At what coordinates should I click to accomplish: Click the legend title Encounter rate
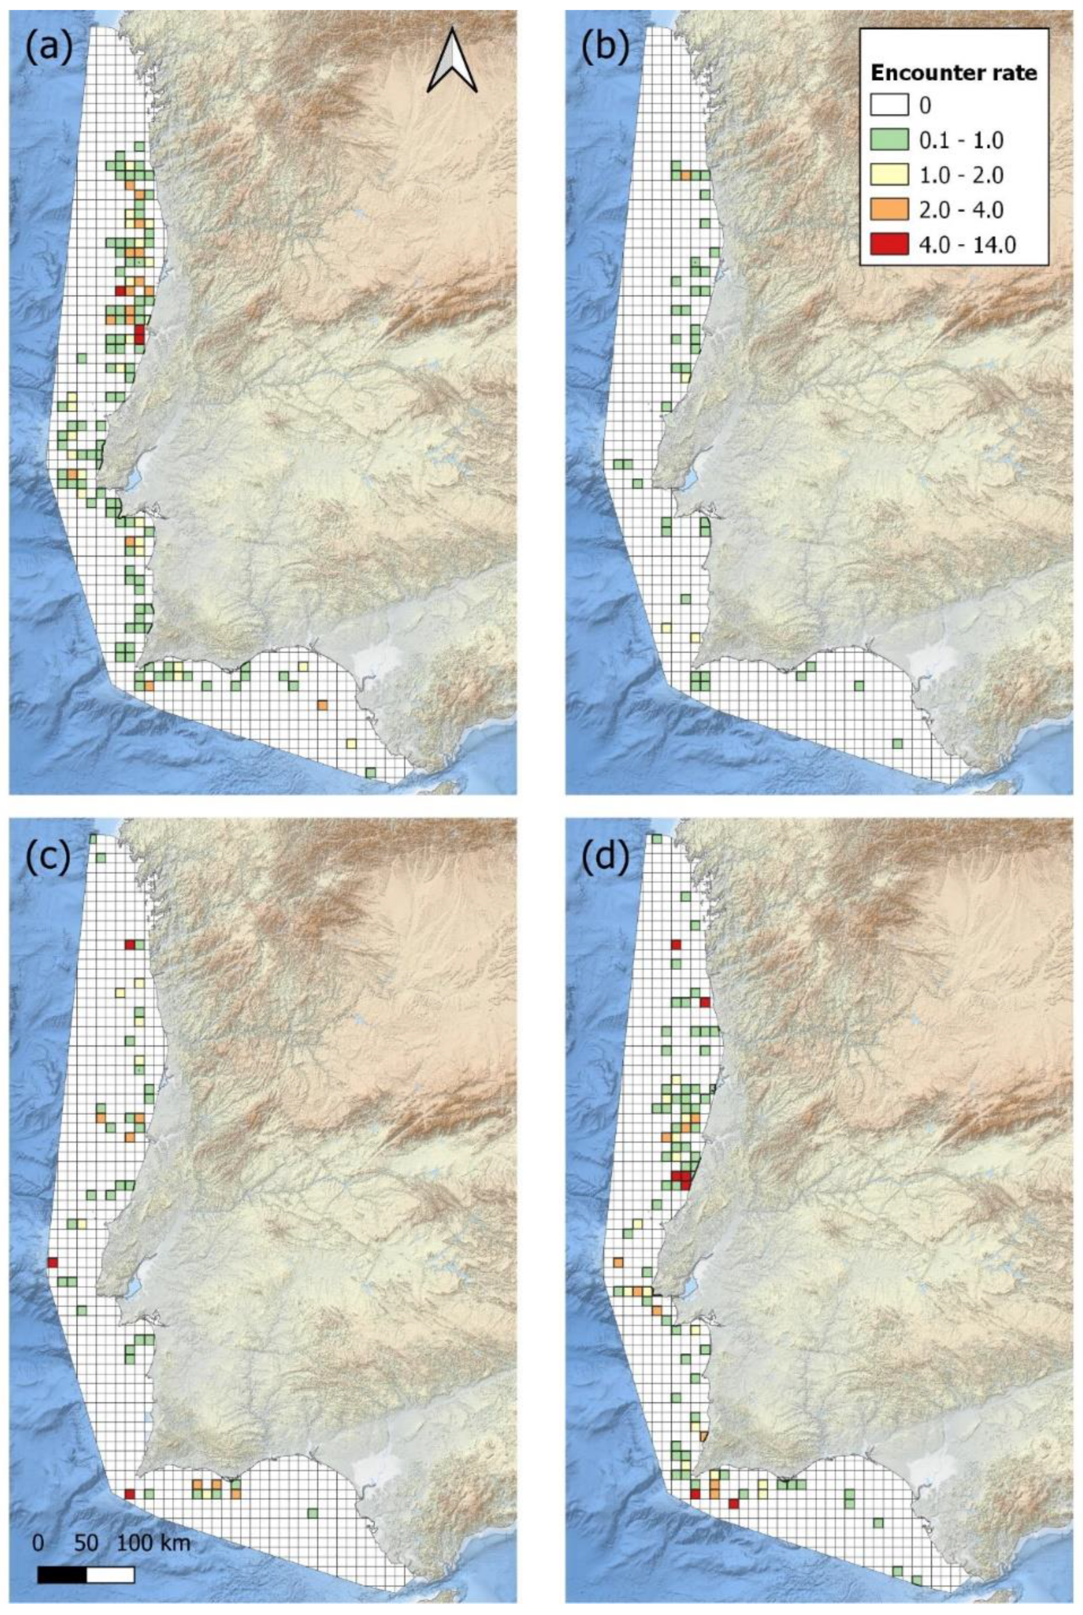pos(954,73)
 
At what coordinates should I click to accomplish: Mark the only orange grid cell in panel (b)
pos(686,175)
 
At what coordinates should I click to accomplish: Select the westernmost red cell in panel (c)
pos(52,1127)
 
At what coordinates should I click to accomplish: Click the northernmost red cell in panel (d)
pos(676,944)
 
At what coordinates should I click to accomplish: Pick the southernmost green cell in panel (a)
pos(371,772)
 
